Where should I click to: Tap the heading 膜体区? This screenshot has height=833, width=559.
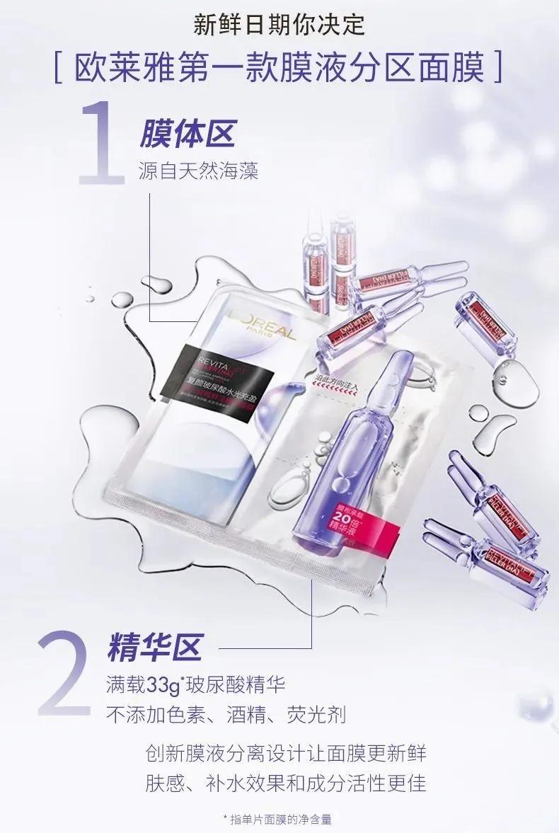pyautogui.click(x=187, y=133)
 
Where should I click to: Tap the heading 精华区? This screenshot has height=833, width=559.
pyautogui.click(x=154, y=647)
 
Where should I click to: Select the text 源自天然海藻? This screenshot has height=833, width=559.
pyautogui.click(x=198, y=171)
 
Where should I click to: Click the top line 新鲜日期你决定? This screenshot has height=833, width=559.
pyautogui.click(x=279, y=25)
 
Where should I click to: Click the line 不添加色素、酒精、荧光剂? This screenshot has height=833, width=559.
pyautogui.click(x=226, y=715)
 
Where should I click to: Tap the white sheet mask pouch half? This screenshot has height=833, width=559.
pyautogui.click(x=219, y=453)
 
